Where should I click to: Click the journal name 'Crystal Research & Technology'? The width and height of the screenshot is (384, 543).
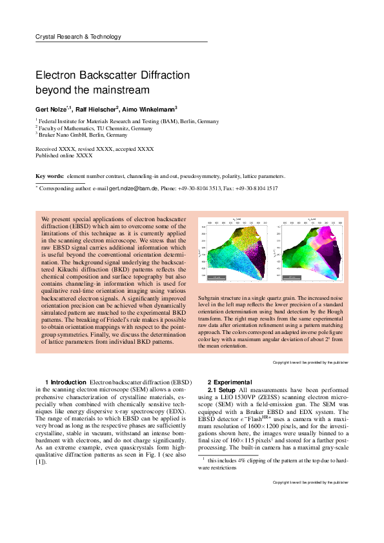point(78,37)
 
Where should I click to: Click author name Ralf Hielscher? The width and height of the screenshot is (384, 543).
point(96,109)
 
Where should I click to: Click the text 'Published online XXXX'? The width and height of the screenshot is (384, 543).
point(64,156)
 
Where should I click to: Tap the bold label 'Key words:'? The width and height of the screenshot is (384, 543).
point(49,176)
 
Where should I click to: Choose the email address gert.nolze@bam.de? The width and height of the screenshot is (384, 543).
point(132,188)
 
